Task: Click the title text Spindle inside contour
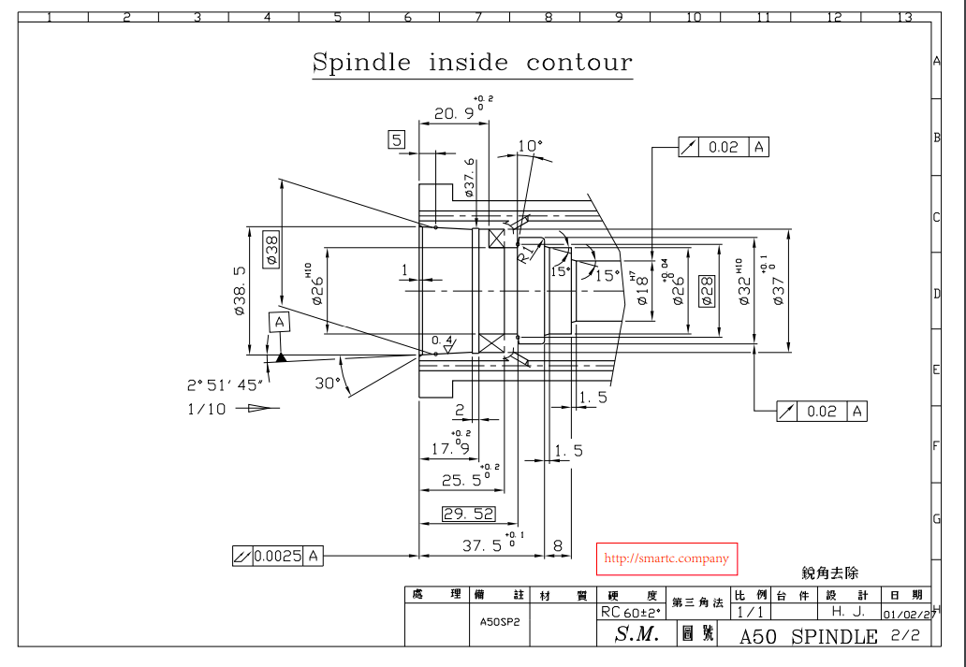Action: (x=472, y=63)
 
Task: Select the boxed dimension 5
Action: (x=398, y=140)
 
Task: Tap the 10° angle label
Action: (x=530, y=146)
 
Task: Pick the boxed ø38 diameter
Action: (x=271, y=249)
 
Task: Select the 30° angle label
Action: (x=327, y=383)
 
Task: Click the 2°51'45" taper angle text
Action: (x=225, y=384)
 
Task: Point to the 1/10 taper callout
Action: (x=206, y=408)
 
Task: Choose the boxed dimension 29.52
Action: (x=468, y=514)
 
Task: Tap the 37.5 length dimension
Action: (x=484, y=545)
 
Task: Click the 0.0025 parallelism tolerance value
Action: (x=277, y=557)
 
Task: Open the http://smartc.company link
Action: (x=666, y=558)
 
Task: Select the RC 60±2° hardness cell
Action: (x=630, y=613)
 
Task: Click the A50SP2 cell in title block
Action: (x=499, y=620)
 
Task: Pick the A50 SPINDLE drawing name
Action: (x=808, y=637)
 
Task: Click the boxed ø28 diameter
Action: (x=708, y=285)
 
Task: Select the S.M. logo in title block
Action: (x=637, y=635)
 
